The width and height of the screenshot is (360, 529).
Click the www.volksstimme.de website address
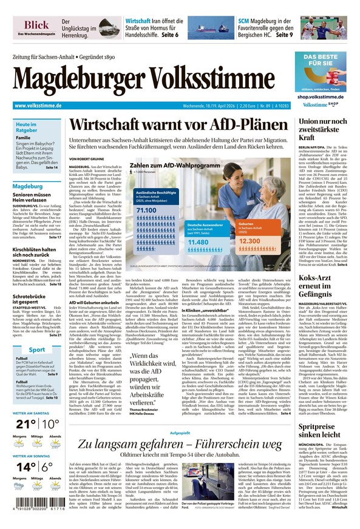[38, 106]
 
